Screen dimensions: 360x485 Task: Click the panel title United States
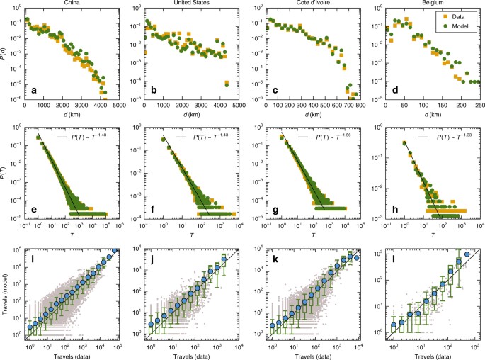click(189, 4)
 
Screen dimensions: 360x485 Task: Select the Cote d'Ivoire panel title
click(309, 4)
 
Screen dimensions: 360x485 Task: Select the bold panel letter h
click(395, 210)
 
